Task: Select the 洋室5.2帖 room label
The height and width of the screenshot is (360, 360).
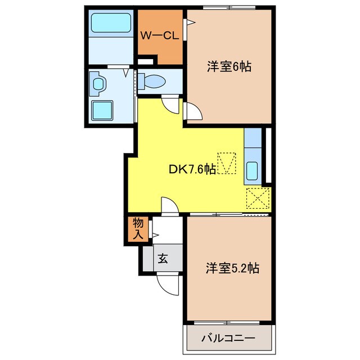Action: (232, 268)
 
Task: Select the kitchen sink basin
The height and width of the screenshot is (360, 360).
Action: (253, 170)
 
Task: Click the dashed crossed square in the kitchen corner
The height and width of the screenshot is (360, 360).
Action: (258, 198)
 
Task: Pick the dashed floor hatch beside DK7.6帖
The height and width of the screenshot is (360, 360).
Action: (228, 163)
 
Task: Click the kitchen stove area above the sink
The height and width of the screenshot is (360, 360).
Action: (253, 138)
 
